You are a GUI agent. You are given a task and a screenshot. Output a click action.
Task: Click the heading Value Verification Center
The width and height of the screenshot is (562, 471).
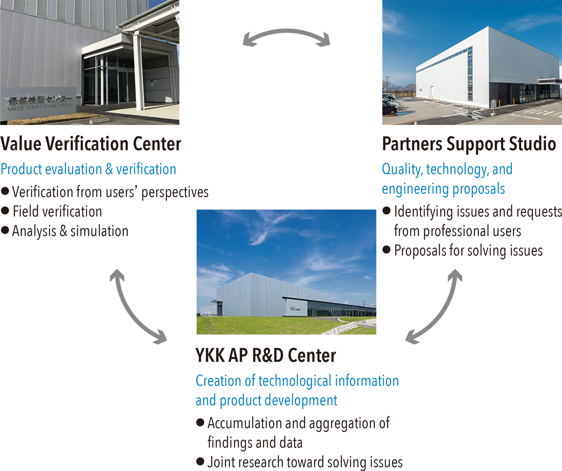[x=90, y=144]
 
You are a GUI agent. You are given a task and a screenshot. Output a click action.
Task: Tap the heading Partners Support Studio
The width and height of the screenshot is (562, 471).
[x=469, y=144]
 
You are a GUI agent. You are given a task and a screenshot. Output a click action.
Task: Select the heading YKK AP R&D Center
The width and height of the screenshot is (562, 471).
[x=265, y=355]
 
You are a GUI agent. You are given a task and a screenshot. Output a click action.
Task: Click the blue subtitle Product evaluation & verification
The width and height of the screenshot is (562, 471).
[x=88, y=169]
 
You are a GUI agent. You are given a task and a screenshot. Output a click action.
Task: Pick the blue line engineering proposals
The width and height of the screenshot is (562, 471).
[x=443, y=189]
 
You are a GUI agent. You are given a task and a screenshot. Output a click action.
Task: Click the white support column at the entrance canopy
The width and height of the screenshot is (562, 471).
[x=139, y=72]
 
